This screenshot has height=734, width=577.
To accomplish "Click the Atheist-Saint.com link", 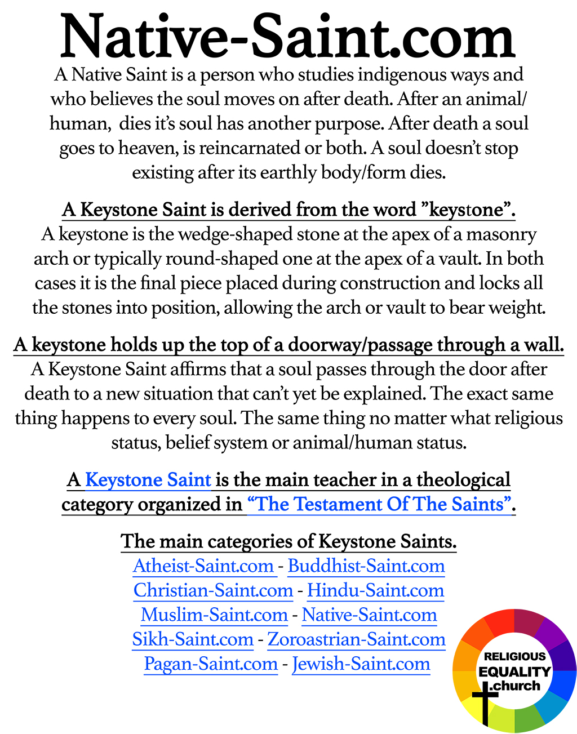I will pyautogui.click(x=203, y=566).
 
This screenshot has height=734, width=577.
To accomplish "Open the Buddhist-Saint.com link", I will pyautogui.click(x=366, y=566).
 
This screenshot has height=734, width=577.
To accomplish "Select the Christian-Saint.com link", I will pyautogui.click(x=213, y=590).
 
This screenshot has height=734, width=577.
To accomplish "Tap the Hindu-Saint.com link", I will pyautogui.click(x=375, y=590).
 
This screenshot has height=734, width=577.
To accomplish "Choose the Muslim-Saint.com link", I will pyautogui.click(x=214, y=615).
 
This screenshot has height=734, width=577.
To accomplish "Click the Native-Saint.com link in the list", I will pyautogui.click(x=370, y=615).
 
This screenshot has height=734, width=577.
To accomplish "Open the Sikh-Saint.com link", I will pyautogui.click(x=193, y=639).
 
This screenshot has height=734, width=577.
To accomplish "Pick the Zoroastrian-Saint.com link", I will pyautogui.click(x=356, y=639).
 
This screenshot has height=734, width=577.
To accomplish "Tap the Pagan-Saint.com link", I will pyautogui.click(x=211, y=664).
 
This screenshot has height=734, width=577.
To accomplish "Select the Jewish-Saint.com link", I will pyautogui.click(x=361, y=664).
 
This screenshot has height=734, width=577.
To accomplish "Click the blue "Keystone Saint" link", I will pyautogui.click(x=148, y=480).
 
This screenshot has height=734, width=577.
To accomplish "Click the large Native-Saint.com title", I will pyautogui.click(x=288, y=37).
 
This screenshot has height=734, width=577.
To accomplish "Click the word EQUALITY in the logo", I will pyautogui.click(x=514, y=671).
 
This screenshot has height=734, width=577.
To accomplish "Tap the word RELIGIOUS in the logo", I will pyautogui.click(x=515, y=656).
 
